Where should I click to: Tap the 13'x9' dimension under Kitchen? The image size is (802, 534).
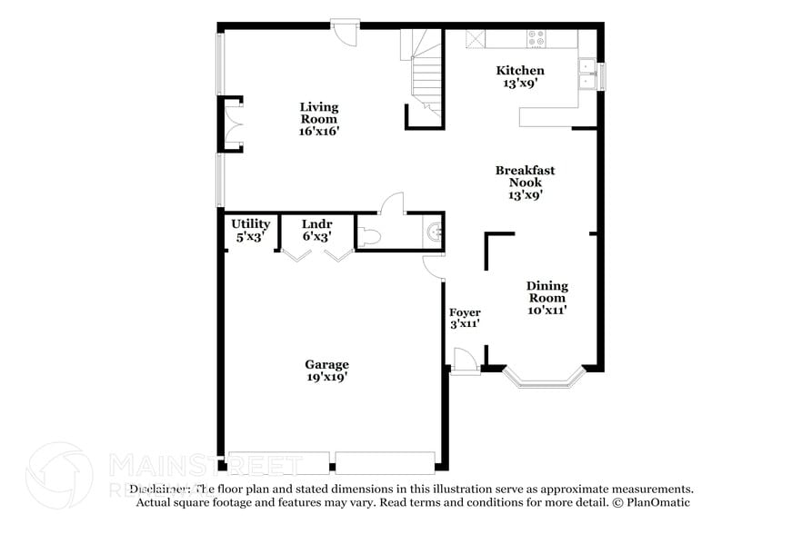coord(519,84)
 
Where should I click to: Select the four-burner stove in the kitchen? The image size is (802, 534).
coord(536,38)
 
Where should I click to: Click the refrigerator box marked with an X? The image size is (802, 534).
coord(476,38)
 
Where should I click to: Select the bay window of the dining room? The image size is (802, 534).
coord(542,377)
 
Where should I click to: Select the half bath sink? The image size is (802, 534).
coord(436,232)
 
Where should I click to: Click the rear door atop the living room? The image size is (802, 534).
coord(345,31)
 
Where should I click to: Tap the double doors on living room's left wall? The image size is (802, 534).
coord(230,124)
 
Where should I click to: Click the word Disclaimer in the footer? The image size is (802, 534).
coord(160,489)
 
